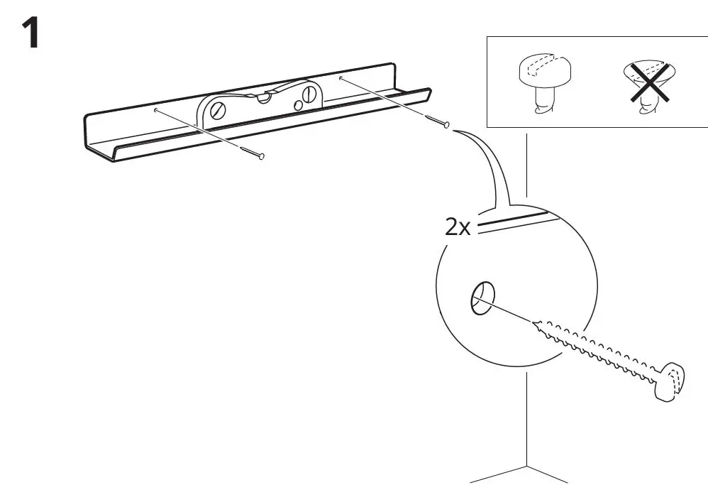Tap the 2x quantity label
pyautogui.click(x=458, y=227)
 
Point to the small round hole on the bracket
pyautogui.click(x=299, y=105)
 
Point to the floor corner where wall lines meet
pyautogui.click(x=526, y=466)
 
